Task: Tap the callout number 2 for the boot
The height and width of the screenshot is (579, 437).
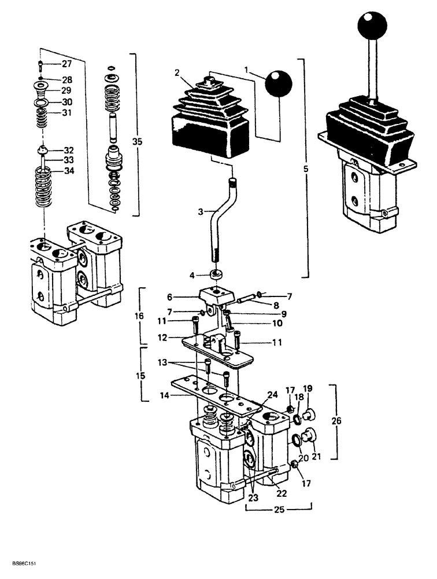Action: [x=177, y=73]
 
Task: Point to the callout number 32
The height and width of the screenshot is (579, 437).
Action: [x=68, y=149]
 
